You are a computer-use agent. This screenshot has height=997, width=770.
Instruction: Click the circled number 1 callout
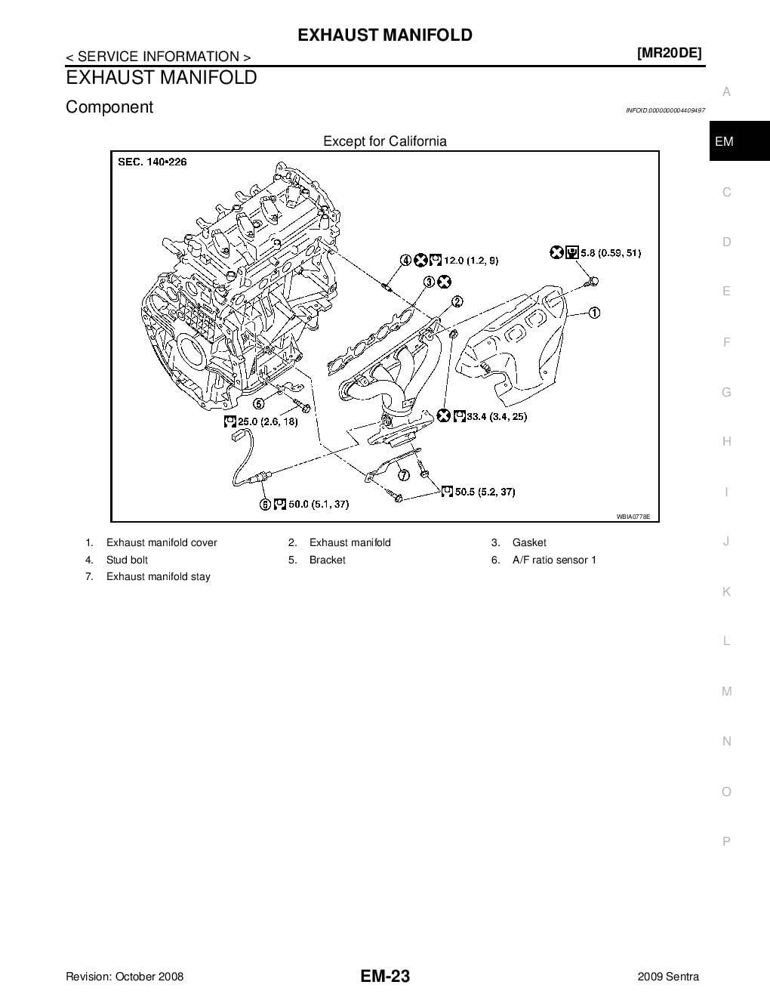595,313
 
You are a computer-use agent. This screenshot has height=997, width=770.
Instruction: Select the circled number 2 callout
457,302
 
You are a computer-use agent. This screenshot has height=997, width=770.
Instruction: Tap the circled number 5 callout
259,403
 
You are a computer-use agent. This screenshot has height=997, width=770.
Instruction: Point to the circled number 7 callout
404,475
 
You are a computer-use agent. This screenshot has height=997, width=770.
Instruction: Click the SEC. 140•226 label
152,162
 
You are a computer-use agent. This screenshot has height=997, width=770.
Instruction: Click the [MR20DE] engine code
669,53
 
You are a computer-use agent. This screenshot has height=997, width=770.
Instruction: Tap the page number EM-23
385,977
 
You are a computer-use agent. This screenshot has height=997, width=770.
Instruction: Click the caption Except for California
385,141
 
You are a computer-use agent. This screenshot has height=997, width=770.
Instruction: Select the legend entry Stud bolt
127,560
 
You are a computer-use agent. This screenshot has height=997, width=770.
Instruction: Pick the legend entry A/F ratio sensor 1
554,560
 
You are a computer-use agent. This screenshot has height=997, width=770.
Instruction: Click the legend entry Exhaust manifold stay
159,576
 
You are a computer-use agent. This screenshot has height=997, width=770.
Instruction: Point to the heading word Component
109,107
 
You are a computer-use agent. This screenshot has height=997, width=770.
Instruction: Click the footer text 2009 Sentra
668,977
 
